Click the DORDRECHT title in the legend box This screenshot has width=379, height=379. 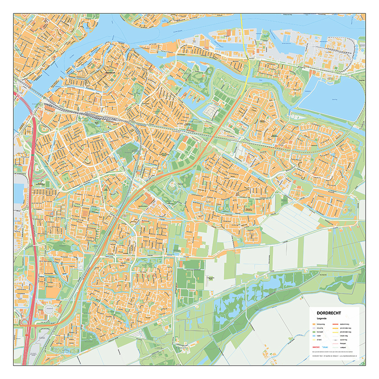pos(329,313)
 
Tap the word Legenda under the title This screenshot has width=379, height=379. pos(321,318)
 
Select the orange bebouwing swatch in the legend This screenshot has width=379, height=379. pos(314,324)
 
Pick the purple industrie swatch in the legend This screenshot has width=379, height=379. pos(314,328)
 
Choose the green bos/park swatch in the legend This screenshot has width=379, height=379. pos(314,332)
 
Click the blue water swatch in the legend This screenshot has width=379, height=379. pos(314,336)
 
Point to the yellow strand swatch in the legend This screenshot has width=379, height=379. pos(314,340)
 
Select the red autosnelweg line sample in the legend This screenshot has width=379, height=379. pos(335,324)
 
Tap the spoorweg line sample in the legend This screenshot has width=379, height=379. pos(335,340)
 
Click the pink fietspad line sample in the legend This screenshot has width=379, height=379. pos(335,344)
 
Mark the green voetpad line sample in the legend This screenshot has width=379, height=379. pos(335,347)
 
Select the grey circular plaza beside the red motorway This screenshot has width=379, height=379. pos(49,309)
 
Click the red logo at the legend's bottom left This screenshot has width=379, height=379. pos(316,347)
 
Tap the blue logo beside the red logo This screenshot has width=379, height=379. pos(325,347)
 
